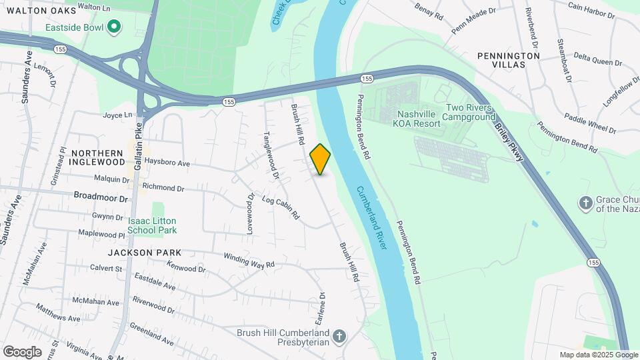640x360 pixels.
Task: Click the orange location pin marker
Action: click(x=321, y=159)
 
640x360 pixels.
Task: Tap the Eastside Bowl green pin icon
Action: click(x=115, y=27)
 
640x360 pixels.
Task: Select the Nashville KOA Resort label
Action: click(x=419, y=119)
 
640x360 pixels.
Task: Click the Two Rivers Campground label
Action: click(x=470, y=112)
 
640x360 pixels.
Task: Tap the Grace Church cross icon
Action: click(x=586, y=203)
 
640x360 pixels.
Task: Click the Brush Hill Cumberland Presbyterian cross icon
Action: click(x=339, y=335)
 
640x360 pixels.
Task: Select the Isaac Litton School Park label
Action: click(x=152, y=225)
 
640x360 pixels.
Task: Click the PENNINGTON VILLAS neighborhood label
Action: click(x=508, y=60)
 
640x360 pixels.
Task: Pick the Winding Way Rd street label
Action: click(x=249, y=259)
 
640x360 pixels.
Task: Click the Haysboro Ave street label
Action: click(x=168, y=164)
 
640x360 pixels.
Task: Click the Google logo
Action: click(x=22, y=351)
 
